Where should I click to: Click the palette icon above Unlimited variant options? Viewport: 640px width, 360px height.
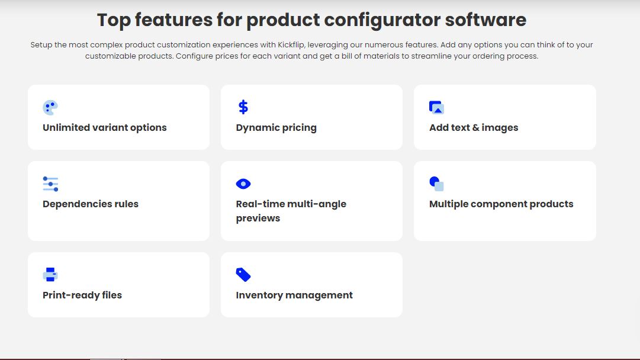pyautogui.click(x=50, y=107)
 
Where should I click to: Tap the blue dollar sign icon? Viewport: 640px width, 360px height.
pyautogui.click(x=243, y=107)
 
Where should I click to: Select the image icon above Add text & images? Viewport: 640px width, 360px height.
pyautogui.click(x=436, y=107)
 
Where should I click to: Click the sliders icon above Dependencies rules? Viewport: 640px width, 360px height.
pyautogui.click(x=50, y=184)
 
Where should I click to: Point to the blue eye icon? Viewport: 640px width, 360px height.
pyautogui.click(x=243, y=184)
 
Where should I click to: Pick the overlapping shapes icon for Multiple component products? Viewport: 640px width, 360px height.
pyautogui.click(x=436, y=184)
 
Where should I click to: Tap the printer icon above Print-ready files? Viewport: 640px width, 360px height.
pyautogui.click(x=50, y=275)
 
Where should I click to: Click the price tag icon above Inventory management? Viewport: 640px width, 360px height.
pyautogui.click(x=243, y=275)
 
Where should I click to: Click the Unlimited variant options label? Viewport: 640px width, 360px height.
pyautogui.click(x=104, y=128)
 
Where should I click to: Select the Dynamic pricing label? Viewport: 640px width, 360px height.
pyautogui.click(x=276, y=128)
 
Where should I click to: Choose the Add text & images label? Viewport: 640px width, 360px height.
pyautogui.click(x=474, y=128)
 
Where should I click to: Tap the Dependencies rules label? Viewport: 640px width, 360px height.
pyautogui.click(x=91, y=204)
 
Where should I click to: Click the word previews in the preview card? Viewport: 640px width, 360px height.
pyautogui.click(x=258, y=218)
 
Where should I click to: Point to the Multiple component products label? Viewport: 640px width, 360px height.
pyautogui.click(x=501, y=204)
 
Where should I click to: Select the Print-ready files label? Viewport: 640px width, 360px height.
pyautogui.click(x=82, y=295)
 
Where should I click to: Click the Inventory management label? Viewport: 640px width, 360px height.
pyautogui.click(x=294, y=295)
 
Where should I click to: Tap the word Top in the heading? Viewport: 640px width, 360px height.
pyautogui.click(x=114, y=20)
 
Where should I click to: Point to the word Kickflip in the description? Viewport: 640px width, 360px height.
pyautogui.click(x=291, y=45)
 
